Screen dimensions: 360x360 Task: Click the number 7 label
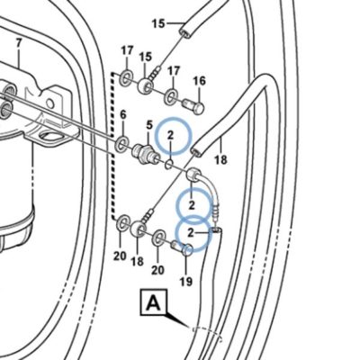coord(19,43)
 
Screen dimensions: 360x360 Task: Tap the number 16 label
coord(200,81)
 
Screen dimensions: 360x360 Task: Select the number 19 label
coord(186,281)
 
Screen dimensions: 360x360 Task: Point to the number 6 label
coord(123,114)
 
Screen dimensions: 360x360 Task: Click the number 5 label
coord(149,124)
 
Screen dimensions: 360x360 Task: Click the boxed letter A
coord(154,302)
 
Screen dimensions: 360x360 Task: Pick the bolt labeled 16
coord(193,106)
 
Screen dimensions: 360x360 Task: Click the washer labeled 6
coord(121,144)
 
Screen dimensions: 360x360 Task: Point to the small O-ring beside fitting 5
coord(170,164)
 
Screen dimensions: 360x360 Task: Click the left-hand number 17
coord(127,50)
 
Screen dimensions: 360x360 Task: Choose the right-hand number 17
coord(173,71)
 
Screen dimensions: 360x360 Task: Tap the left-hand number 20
coord(120,256)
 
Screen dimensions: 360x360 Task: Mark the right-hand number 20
coord(157,270)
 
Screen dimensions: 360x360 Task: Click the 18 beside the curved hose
coord(220,159)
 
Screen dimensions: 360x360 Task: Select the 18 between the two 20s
coord(138,262)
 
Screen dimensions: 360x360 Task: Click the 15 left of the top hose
coord(158,23)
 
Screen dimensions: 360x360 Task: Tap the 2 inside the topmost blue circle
coord(170,135)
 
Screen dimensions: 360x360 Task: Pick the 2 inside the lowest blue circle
coord(191,232)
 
